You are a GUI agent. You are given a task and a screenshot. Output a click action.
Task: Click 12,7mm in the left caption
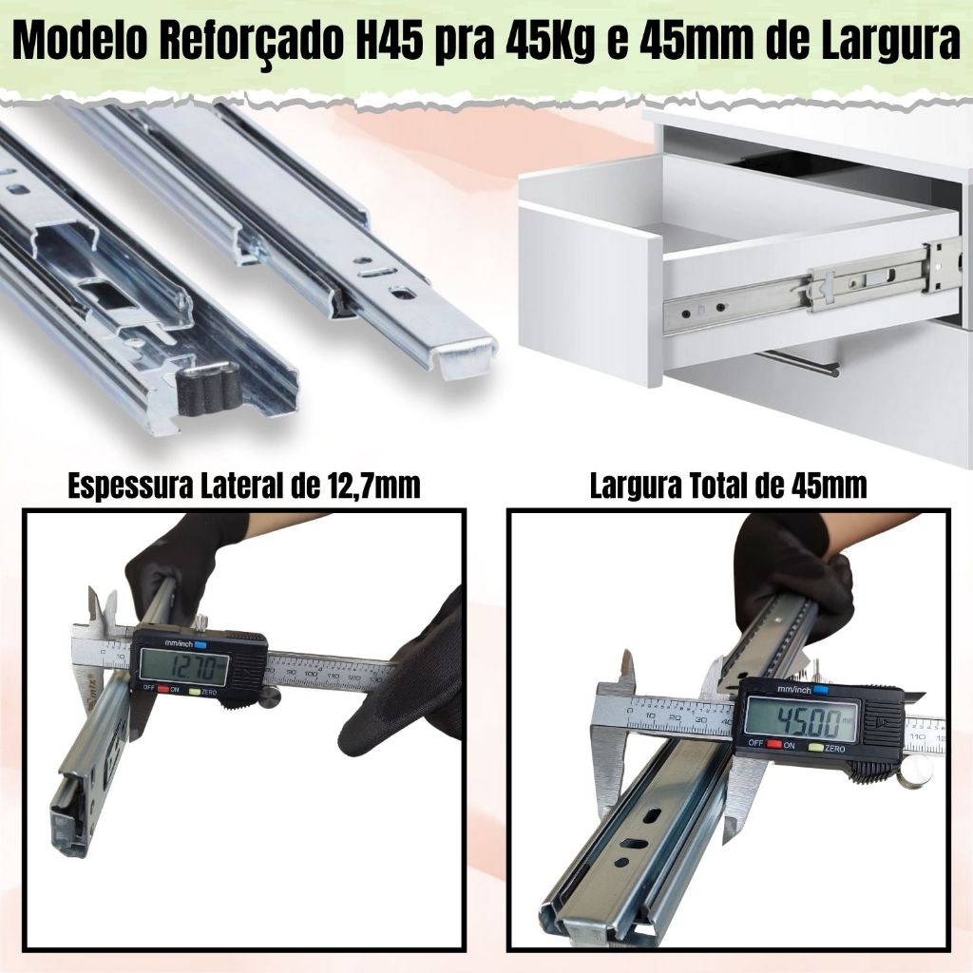click(x=372, y=486)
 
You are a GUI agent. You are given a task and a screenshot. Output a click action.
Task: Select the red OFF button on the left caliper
click(x=163, y=688)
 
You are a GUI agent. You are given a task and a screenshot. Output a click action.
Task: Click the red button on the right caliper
click(x=774, y=743)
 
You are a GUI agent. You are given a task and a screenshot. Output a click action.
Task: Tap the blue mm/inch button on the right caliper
click(x=819, y=690)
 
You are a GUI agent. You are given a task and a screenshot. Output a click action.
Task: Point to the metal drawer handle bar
click(x=800, y=362)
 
